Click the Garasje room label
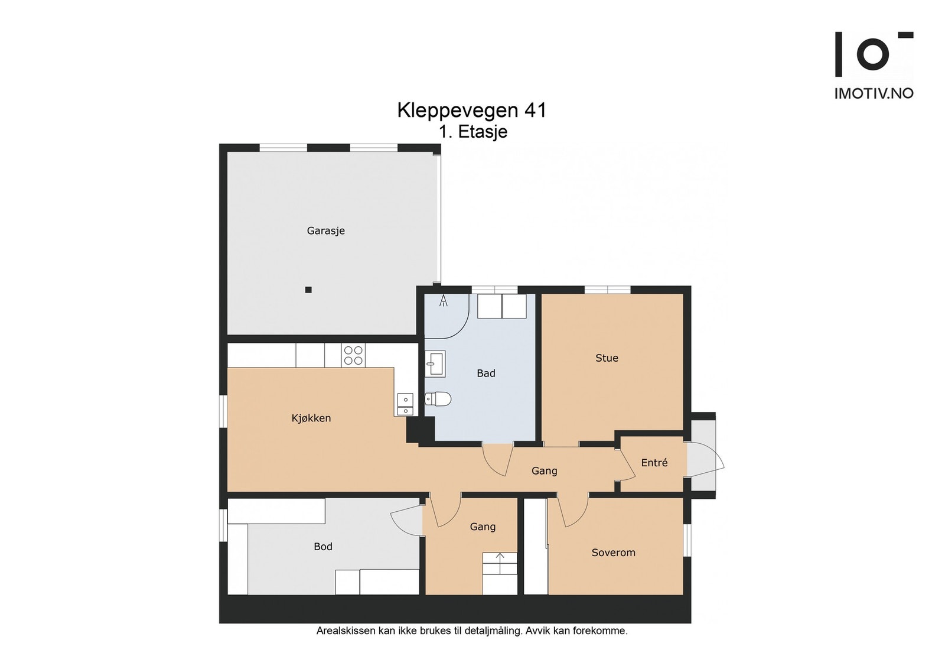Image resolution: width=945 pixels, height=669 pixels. point(325,231)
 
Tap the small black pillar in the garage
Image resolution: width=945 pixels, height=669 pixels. point(308,290)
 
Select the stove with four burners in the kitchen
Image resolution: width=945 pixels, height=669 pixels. point(353,355)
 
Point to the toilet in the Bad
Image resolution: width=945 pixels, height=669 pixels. point(438,398)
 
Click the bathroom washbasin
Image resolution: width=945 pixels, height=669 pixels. point(435,364)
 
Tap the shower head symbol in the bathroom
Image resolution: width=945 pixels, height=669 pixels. point(444,301)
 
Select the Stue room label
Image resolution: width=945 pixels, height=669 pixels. point(607,358)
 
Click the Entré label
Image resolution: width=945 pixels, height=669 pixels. point(654,463)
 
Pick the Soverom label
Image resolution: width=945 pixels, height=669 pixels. point(614,553)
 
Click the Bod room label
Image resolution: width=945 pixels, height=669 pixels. point(323,547)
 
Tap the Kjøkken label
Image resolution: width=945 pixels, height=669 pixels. point(311,418)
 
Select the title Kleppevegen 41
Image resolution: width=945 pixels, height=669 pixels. point(472,110)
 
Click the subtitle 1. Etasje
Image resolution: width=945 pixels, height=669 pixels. point(473,132)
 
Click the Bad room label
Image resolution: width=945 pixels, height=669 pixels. point(486,373)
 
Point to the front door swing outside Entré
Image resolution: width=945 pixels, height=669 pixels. point(706,459)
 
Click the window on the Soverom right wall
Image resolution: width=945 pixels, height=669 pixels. point(687,540)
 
